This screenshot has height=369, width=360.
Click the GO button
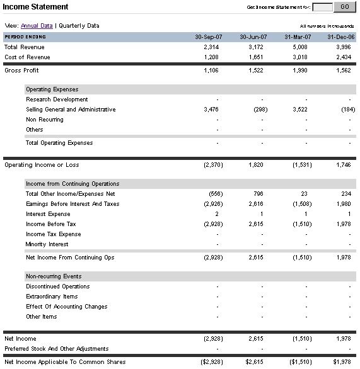point(344,7)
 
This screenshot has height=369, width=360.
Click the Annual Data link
point(37,26)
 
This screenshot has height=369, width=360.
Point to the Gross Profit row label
point(21,71)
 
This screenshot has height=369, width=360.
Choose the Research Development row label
point(57,99)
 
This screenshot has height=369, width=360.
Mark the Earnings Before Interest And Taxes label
point(72,204)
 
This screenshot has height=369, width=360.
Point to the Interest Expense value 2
point(216,214)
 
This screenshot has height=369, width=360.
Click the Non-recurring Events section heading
point(54,276)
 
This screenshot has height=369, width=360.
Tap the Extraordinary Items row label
point(52,297)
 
